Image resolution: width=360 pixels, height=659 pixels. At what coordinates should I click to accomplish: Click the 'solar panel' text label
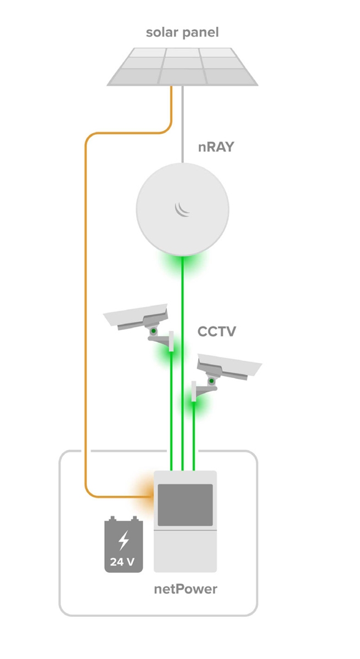(x=182, y=32)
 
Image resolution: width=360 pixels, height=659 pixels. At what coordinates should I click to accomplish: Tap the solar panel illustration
(x=182, y=66)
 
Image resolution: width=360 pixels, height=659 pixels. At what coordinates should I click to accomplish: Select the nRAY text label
(x=216, y=147)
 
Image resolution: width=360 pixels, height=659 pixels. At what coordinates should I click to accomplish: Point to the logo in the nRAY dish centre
(x=182, y=209)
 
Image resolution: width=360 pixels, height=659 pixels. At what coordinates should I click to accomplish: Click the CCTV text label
(x=217, y=332)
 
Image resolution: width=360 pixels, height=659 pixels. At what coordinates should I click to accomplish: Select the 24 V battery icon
(x=123, y=545)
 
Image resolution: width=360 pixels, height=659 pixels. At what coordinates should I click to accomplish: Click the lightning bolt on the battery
(x=123, y=540)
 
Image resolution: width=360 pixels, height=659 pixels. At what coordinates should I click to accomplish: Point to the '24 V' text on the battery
(x=123, y=562)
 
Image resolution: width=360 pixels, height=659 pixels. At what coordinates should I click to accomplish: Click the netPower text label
(x=185, y=589)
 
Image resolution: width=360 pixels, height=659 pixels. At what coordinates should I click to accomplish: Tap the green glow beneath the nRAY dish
(x=182, y=264)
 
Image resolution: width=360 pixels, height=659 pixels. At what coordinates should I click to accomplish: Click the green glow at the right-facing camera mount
(x=194, y=405)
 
